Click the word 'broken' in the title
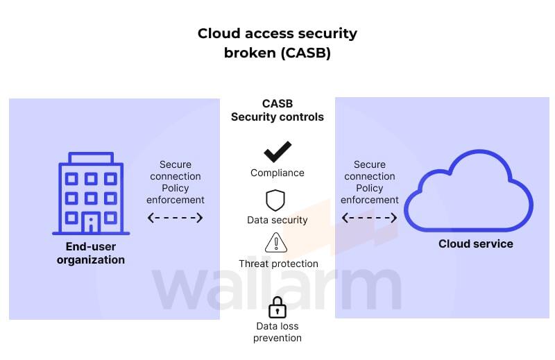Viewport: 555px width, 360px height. tap(250, 53)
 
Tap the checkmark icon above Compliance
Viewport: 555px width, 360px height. tap(277, 152)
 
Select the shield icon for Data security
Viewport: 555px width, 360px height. tap(276, 200)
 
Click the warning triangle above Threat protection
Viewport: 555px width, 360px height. tap(276, 243)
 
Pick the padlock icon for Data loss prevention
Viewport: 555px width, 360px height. tap(277, 307)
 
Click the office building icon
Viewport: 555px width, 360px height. tap(91, 194)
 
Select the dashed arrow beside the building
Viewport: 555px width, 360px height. tap(176, 218)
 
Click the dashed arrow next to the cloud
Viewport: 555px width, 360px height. tap(370, 218)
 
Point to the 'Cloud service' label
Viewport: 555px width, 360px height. tap(476, 243)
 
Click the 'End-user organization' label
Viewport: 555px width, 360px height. tap(91, 253)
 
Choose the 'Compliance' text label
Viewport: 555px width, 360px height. tap(277, 173)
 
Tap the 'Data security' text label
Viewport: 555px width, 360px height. tap(277, 220)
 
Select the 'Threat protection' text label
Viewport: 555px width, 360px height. tap(278, 264)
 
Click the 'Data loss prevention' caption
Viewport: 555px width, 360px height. tap(277, 332)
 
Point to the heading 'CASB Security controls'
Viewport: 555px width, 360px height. tap(277, 110)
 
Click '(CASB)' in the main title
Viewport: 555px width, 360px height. tap(305, 53)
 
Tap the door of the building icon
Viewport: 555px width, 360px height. tap(91, 223)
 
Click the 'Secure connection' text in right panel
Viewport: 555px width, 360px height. tap(370, 171)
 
